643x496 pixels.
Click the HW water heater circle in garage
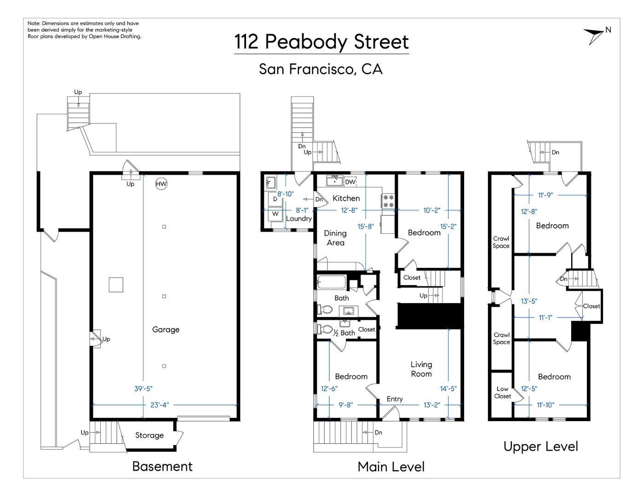[x=161, y=184]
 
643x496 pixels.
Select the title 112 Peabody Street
[x=321, y=42]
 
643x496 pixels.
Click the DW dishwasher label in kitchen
[x=350, y=182]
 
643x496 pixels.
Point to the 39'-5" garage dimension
[x=143, y=389]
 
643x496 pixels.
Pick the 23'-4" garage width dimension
[x=160, y=405]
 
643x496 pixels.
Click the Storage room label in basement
[x=149, y=435]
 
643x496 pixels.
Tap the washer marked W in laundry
[x=275, y=214]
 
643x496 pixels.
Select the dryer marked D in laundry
[x=275, y=199]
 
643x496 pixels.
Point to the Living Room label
[x=421, y=369]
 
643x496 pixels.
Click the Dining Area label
[x=335, y=238]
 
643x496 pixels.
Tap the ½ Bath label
[x=344, y=333]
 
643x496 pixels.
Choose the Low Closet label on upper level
[x=502, y=392]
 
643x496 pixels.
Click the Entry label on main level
[x=395, y=399]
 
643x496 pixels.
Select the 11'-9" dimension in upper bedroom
[x=545, y=195]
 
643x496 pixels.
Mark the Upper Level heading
[x=540, y=446]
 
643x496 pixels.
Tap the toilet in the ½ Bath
[x=325, y=329]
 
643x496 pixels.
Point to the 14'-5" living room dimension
[x=448, y=389]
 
